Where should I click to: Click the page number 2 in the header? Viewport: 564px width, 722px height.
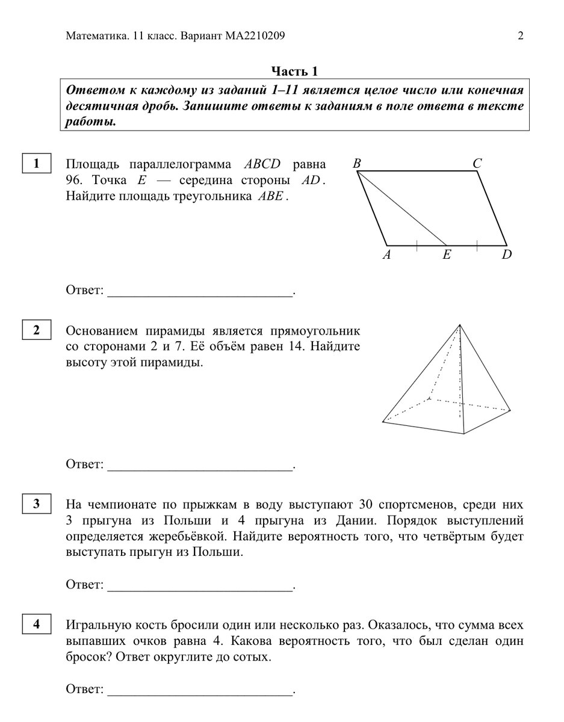(520, 36)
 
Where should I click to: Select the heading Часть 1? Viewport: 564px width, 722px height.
(294, 71)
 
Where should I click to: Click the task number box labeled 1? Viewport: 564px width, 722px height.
(37, 164)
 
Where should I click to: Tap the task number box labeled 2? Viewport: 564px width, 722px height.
(37, 330)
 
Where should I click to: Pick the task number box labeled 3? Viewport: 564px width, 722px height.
(37, 504)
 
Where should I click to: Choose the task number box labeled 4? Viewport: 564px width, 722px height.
(37, 625)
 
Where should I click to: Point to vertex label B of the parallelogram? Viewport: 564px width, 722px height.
(357, 163)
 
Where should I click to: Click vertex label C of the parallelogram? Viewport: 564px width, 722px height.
(477, 163)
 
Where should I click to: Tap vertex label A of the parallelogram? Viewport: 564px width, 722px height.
(387, 255)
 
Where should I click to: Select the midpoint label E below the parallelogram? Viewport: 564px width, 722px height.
(446, 255)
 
